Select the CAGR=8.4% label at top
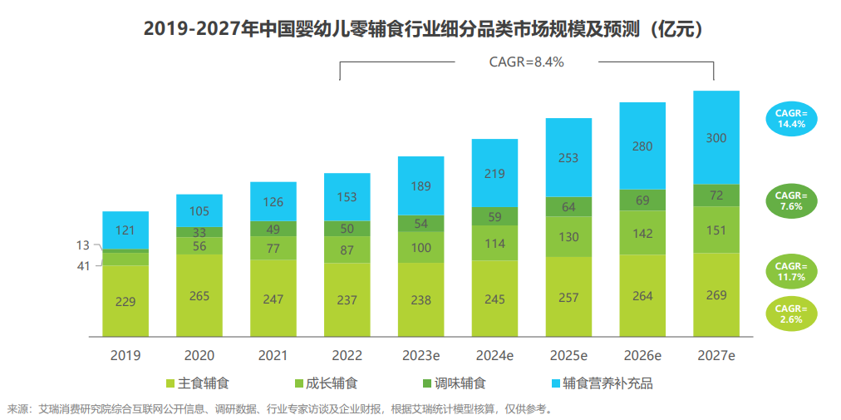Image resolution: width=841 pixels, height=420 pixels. (x=527, y=61)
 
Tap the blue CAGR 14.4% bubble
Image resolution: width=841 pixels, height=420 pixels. (x=791, y=119)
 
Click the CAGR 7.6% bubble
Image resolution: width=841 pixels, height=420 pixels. (x=791, y=201)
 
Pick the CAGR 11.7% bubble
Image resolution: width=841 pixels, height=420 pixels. (x=791, y=271)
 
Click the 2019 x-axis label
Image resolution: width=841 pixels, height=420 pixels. (x=125, y=355)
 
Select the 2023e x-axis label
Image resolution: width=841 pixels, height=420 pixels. (x=420, y=355)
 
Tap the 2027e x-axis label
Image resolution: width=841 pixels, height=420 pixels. (x=716, y=355)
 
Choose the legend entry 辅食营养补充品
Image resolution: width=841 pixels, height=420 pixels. (x=602, y=383)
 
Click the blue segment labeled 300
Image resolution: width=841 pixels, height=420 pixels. (x=716, y=137)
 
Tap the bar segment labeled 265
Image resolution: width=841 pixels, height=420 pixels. (x=199, y=296)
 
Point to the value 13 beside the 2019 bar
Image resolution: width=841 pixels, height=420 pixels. (x=83, y=245)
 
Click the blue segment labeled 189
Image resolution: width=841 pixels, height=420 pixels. (x=420, y=185)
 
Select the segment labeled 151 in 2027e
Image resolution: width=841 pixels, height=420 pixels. (x=716, y=230)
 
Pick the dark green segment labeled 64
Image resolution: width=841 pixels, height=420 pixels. (x=568, y=206)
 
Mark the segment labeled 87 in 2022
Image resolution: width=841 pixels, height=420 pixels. (x=347, y=250)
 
